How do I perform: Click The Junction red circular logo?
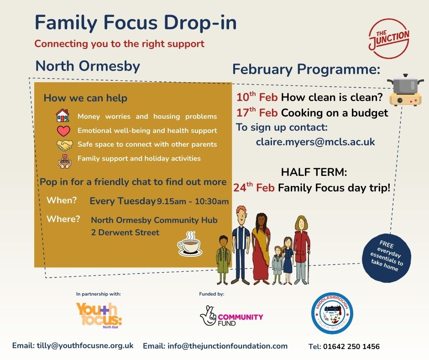[389, 38]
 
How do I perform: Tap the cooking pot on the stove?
[406, 90]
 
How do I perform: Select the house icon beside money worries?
[63, 115]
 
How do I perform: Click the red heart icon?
[63, 131]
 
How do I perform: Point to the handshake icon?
[64, 145]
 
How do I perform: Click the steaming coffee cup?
[190, 244]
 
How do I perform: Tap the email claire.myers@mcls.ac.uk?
[315, 142]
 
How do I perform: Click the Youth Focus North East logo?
[99, 315]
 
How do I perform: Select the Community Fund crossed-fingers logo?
[231, 317]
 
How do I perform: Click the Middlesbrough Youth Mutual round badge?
[332, 313]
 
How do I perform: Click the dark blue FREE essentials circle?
[386, 258]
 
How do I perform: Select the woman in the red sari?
[260, 249]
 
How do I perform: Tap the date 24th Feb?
[254, 187]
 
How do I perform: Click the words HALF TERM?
[314, 172]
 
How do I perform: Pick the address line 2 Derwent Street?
[125, 233]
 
